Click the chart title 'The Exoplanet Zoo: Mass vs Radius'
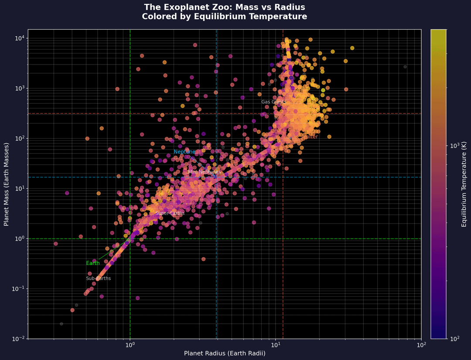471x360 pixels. (224, 7)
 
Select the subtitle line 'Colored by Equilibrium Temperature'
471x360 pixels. (224, 17)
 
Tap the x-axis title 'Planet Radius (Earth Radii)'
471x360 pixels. (225, 353)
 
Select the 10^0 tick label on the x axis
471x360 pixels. (130, 345)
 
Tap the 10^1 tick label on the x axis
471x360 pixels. (276, 345)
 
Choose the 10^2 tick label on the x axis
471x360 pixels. (421, 345)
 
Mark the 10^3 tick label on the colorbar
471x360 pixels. (455, 146)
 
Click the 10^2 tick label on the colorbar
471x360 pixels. (455, 339)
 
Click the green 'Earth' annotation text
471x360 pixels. (92, 263)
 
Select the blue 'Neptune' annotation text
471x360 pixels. (184, 152)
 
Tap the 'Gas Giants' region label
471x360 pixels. (274, 102)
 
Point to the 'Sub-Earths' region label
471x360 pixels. (98, 278)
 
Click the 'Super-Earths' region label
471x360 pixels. (170, 214)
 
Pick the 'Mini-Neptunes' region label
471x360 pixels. (204, 172)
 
